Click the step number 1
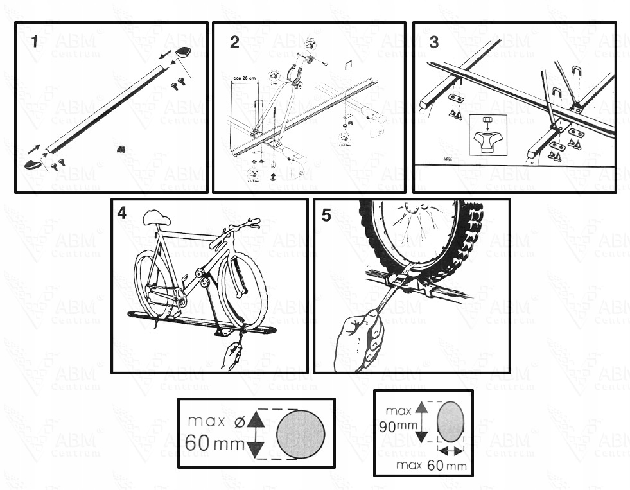[x=35, y=42]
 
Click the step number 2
[x=234, y=42]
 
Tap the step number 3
[x=434, y=42]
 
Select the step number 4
[x=122, y=213]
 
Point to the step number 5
[x=326, y=215]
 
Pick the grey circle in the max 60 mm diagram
[x=301, y=433]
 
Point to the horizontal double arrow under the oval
[x=450, y=452]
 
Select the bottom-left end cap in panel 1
[x=33, y=165]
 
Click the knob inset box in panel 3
[x=487, y=135]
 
